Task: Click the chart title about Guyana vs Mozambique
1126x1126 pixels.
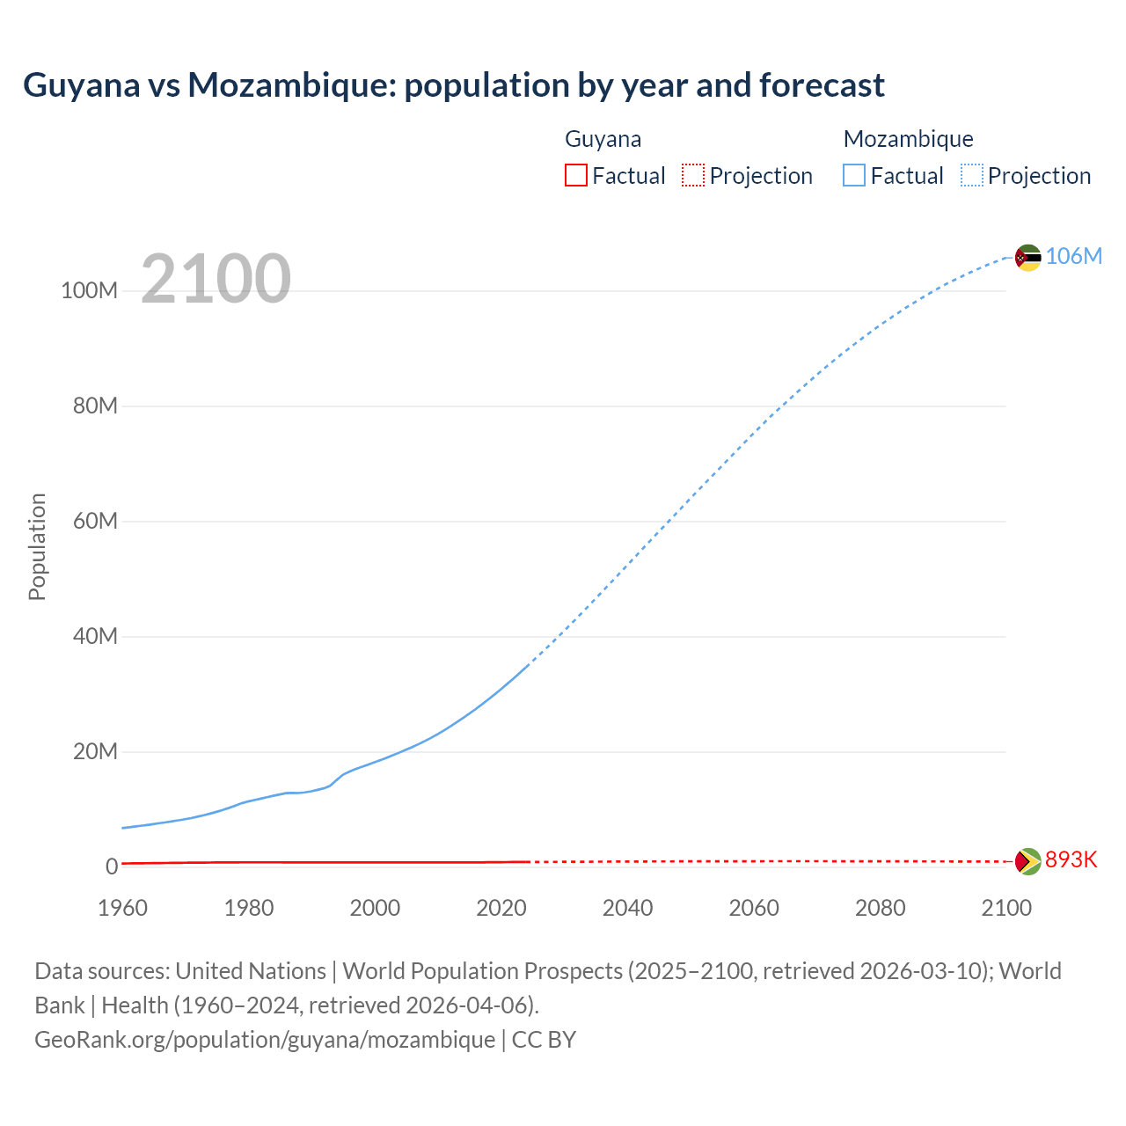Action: tap(453, 85)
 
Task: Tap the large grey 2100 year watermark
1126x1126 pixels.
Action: tap(216, 279)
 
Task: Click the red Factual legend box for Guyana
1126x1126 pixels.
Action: tap(575, 175)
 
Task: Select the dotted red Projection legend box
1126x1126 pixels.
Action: tap(693, 175)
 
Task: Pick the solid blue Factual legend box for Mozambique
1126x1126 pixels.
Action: tap(853, 175)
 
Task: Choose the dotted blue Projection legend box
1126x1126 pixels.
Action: tap(971, 175)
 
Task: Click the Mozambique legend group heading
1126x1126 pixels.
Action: tap(908, 139)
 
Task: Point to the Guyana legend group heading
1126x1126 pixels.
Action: tap(603, 139)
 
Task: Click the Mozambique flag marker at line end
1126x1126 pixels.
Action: tap(1027, 258)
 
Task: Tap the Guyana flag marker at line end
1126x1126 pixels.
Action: tap(1027, 861)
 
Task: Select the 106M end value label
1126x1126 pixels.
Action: tap(1073, 256)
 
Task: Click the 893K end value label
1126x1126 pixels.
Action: tap(1071, 859)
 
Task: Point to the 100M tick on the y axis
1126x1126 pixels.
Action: tap(89, 291)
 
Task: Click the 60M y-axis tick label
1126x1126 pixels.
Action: tap(95, 521)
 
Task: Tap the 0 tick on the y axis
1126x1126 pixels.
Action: tap(112, 866)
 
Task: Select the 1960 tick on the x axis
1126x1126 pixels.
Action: tap(122, 908)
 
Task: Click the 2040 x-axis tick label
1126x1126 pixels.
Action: tap(627, 908)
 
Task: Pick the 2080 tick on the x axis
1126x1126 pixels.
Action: tap(880, 908)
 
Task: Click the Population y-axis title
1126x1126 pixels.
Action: tap(37, 546)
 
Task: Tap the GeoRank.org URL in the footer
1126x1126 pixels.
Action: tap(264, 1040)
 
